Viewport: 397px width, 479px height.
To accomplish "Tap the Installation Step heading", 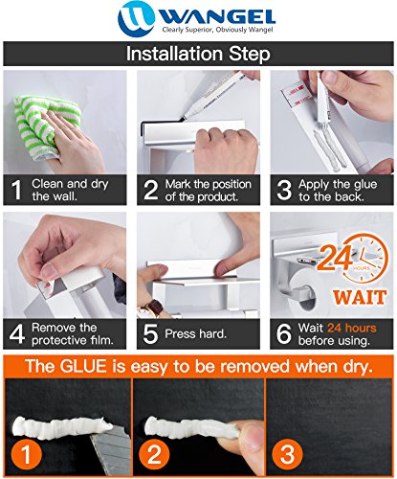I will tap(198, 53).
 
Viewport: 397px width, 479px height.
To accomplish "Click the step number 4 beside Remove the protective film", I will tap(16, 334).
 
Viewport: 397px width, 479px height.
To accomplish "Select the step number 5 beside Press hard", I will tap(150, 334).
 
